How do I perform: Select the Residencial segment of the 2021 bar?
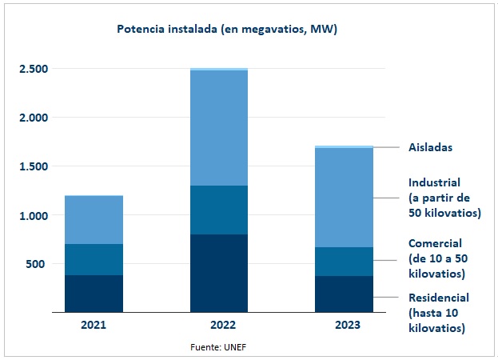[94, 294]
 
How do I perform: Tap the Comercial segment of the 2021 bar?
[94, 259]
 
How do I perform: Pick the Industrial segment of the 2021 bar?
[94, 220]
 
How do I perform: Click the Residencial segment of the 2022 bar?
[218, 273]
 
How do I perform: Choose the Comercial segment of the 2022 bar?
[218, 210]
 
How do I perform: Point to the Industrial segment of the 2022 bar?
[218, 128]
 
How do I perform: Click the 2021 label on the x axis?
[94, 325]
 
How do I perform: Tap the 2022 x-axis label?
[218, 325]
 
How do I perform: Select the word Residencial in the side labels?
[439, 298]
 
